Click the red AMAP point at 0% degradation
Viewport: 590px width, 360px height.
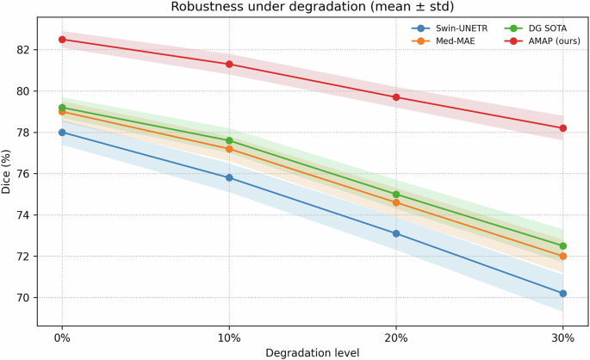click(62, 40)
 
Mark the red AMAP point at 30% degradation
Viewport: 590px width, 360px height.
click(563, 128)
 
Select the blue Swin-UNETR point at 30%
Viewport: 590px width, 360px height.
click(563, 294)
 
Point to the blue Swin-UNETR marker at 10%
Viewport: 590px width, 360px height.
click(229, 177)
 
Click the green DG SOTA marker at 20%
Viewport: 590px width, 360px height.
click(396, 195)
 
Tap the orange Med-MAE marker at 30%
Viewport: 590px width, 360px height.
click(563, 257)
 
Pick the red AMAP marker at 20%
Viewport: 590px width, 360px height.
click(396, 97)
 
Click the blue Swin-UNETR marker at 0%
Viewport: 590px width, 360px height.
click(62, 133)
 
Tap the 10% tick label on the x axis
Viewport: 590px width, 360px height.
click(229, 338)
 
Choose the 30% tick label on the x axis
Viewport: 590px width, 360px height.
click(563, 338)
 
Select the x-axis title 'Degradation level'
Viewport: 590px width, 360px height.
click(312, 352)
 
